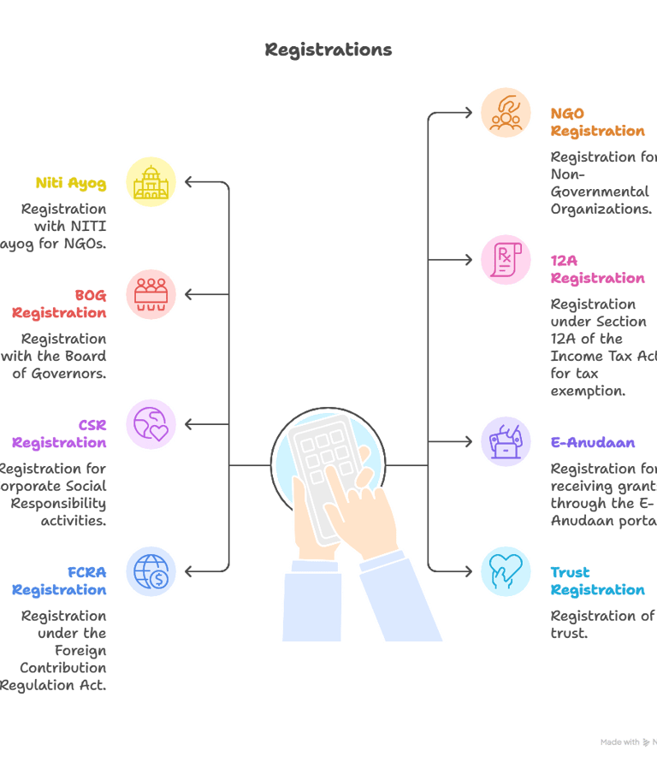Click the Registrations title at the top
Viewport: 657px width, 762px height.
(328, 50)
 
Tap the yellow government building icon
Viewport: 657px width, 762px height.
(151, 181)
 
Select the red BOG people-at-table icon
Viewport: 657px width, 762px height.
(151, 294)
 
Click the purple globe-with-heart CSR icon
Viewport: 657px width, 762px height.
(151, 424)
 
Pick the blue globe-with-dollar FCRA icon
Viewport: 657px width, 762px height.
(151, 570)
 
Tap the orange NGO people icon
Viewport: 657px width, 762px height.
(506, 113)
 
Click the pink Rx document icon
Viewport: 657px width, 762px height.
(506, 259)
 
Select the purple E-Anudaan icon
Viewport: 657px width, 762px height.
(506, 442)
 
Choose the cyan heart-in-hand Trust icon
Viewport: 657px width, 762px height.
(506, 570)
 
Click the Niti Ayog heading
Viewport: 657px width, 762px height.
(71, 183)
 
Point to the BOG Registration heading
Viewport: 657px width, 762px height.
(60, 304)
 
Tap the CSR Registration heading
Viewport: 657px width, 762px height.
(60, 434)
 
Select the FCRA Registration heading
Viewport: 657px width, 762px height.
(60, 581)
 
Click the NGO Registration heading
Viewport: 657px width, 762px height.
(597, 121)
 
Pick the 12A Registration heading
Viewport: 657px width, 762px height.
(597, 269)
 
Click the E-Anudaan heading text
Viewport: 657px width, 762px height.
(593, 443)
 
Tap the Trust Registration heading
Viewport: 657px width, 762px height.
(597, 581)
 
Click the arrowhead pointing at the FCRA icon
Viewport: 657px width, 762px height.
(190, 570)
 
